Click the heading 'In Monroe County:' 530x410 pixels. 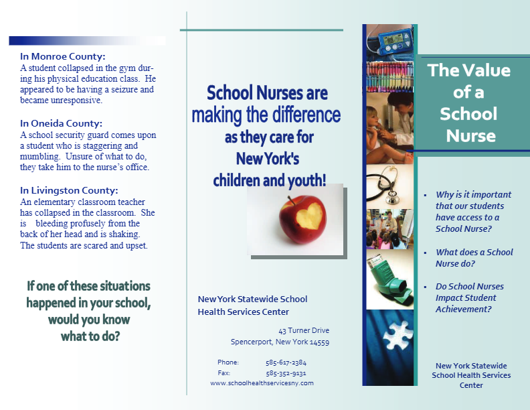[x=62, y=57]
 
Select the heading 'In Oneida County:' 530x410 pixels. [x=61, y=123]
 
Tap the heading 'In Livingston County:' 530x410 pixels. [x=69, y=190]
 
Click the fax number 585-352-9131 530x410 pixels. [x=286, y=373]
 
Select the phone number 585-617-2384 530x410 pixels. [x=286, y=362]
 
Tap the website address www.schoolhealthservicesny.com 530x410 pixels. [x=262, y=383]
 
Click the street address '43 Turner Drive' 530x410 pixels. [x=304, y=330]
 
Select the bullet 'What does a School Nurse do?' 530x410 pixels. [x=474, y=258]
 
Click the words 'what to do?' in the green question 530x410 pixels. [x=90, y=336]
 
